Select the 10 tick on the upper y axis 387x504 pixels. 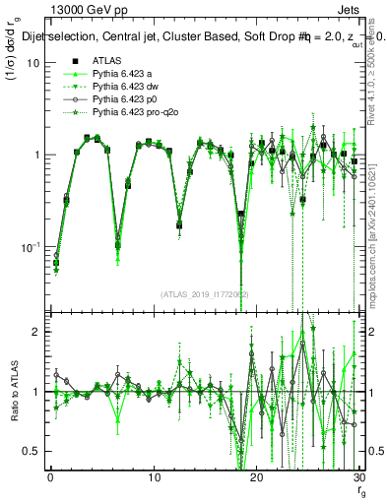tap(32, 62)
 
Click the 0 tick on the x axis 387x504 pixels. tap(50, 477)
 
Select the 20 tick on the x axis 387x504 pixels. tap(256, 477)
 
